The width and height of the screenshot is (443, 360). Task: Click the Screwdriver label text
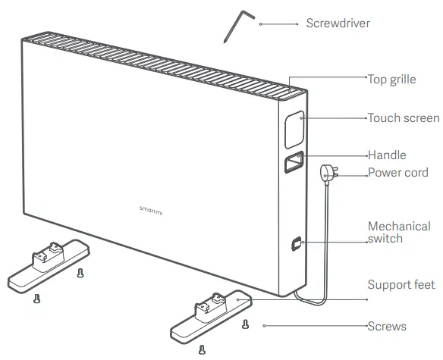(x=338, y=23)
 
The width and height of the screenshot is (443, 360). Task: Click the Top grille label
(x=391, y=79)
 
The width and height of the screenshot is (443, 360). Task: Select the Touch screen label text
(x=403, y=118)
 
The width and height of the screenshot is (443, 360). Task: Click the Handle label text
(x=387, y=155)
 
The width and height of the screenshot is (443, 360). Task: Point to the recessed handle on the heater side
(x=294, y=162)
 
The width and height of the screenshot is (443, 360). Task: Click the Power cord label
(x=398, y=173)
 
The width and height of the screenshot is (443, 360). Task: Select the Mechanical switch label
(x=394, y=232)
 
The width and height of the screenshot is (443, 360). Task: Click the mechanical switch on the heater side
(x=295, y=245)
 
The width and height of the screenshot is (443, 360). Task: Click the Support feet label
(x=401, y=285)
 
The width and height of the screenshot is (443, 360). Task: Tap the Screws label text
(x=387, y=327)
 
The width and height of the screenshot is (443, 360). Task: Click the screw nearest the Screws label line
(x=244, y=325)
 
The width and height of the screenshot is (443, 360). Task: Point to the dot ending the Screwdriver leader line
(x=260, y=23)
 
